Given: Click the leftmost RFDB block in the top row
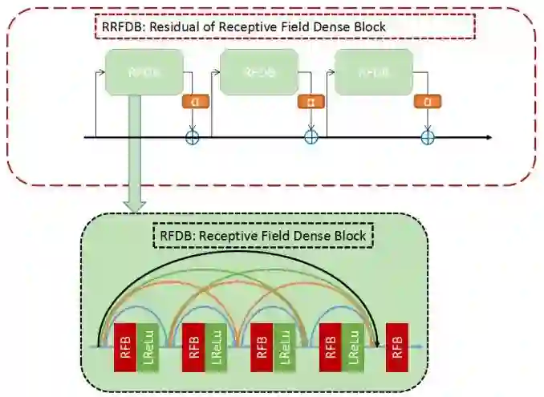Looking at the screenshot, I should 144,72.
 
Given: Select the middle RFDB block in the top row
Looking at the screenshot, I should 259,72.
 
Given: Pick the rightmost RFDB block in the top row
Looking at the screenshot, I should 374,72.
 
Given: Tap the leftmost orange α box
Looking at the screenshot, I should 193,102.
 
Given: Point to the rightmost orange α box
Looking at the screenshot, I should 428,102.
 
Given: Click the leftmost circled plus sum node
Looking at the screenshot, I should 193,138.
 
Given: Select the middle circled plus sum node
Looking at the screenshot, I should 311,138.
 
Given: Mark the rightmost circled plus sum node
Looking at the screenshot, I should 428,138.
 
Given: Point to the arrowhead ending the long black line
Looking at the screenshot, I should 489,138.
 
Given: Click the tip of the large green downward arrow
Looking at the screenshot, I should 136,210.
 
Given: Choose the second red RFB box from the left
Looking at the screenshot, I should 193,347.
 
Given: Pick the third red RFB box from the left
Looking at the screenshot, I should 261,347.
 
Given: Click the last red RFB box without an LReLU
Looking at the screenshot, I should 396,347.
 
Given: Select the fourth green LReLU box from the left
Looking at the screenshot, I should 352,347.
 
